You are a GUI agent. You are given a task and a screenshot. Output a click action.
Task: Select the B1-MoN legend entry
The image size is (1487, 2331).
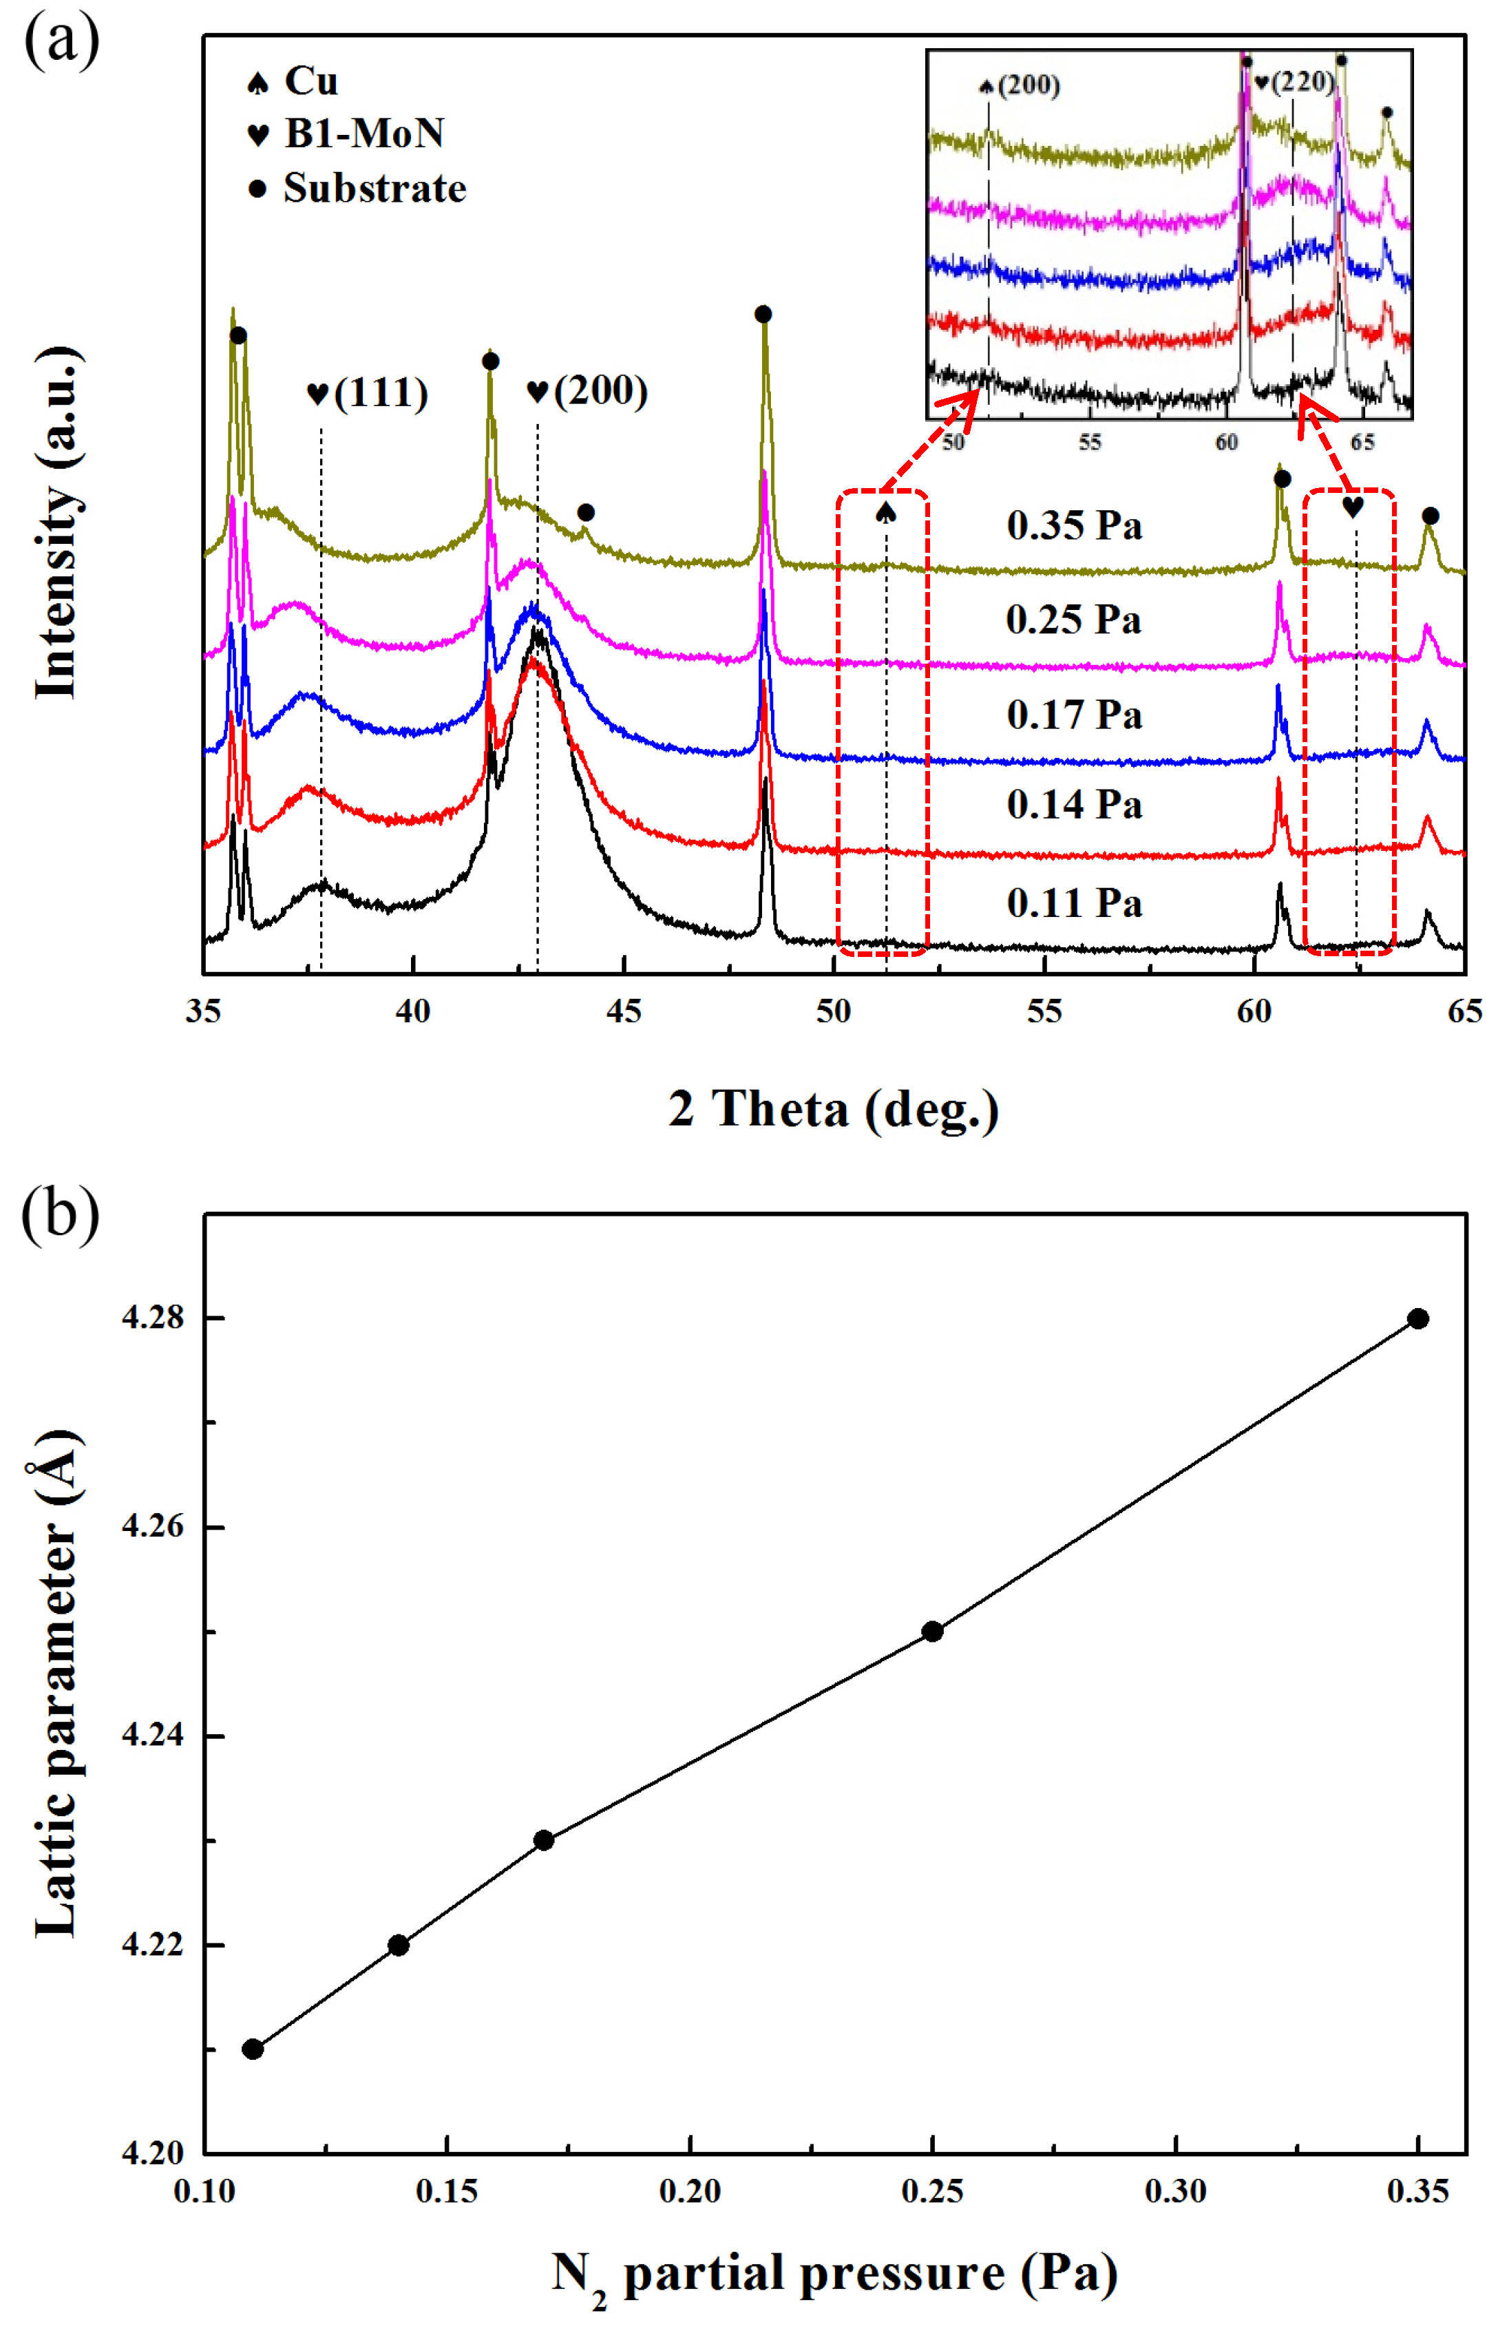tap(346, 134)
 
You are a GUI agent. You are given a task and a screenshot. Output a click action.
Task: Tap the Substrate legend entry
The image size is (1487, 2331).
tap(357, 188)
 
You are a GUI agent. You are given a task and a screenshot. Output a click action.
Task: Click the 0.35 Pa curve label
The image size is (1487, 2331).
tap(1074, 526)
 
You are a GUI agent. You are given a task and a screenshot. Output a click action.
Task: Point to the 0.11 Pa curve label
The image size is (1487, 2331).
tap(1074, 903)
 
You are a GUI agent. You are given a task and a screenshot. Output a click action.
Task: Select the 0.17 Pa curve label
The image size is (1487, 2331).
tap(1074, 715)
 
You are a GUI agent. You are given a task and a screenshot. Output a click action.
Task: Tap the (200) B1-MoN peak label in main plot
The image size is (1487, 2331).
tap(588, 391)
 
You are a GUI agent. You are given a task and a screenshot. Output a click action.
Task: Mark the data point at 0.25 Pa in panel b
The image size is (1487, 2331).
tap(931, 1631)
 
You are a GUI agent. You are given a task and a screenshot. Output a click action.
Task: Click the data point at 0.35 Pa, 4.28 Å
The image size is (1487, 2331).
tap(1417, 1318)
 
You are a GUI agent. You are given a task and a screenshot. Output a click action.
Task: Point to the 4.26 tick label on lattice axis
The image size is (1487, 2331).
tap(152, 1526)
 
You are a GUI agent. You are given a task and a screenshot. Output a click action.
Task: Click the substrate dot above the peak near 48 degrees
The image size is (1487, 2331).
tap(763, 314)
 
